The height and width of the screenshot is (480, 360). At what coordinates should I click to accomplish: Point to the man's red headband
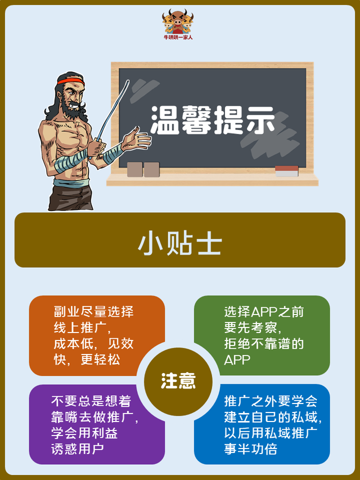70,84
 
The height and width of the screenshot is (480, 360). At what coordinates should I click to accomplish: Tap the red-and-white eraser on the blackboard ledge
286,171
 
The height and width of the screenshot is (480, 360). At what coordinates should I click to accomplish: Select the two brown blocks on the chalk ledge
143,169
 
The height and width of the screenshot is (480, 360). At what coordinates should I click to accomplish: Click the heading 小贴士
179,244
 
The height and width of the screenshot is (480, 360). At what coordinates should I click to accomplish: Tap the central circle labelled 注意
178,381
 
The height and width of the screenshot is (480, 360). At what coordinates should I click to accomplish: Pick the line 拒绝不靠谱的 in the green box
264,344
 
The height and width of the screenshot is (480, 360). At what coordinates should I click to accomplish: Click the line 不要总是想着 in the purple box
91,401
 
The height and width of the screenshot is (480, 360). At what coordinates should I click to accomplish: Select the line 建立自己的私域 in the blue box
272,417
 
